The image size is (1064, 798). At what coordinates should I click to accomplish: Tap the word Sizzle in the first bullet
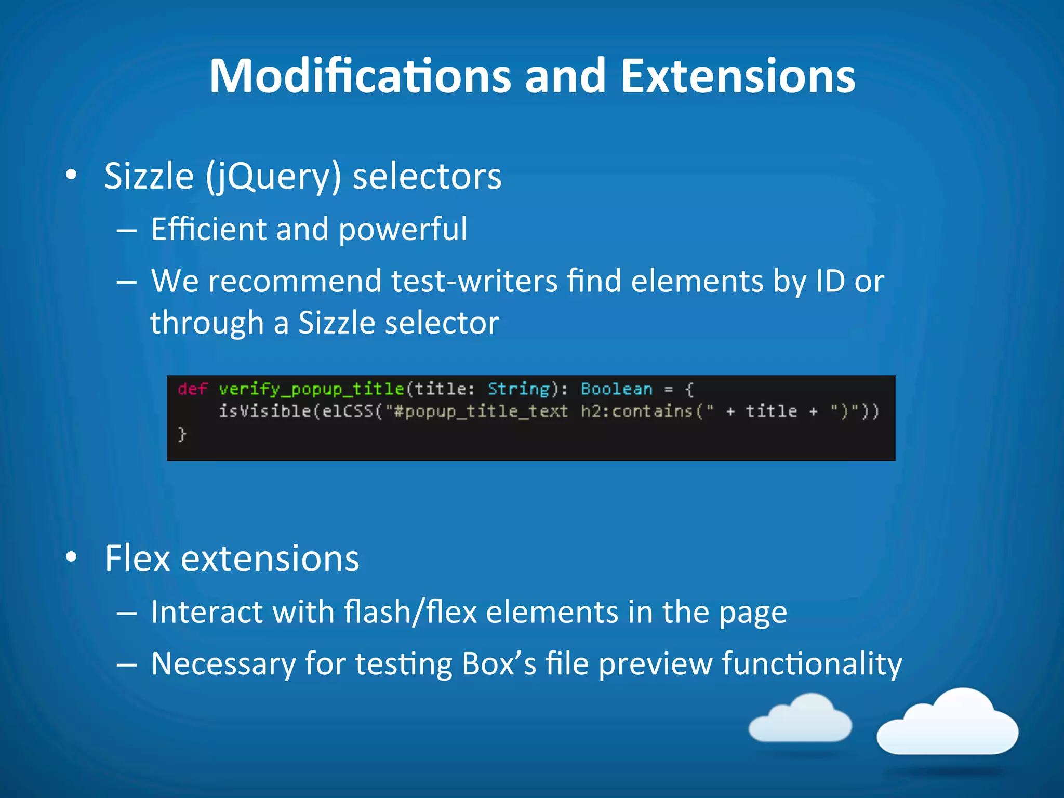point(149,176)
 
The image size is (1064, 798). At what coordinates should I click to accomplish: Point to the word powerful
point(403,230)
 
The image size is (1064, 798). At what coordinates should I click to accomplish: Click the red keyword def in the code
point(192,389)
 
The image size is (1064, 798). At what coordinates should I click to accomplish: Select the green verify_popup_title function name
point(311,389)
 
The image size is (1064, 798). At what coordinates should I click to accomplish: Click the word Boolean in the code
point(616,389)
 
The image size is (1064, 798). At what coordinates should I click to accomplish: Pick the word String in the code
point(518,389)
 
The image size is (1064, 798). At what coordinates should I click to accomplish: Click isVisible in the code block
point(264,411)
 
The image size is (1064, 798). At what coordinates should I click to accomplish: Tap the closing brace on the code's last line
point(182,433)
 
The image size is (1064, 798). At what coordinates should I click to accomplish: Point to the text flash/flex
point(410,612)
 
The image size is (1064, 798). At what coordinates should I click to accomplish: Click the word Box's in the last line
point(499,664)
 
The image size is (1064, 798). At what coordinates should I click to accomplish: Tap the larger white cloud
point(948,724)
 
